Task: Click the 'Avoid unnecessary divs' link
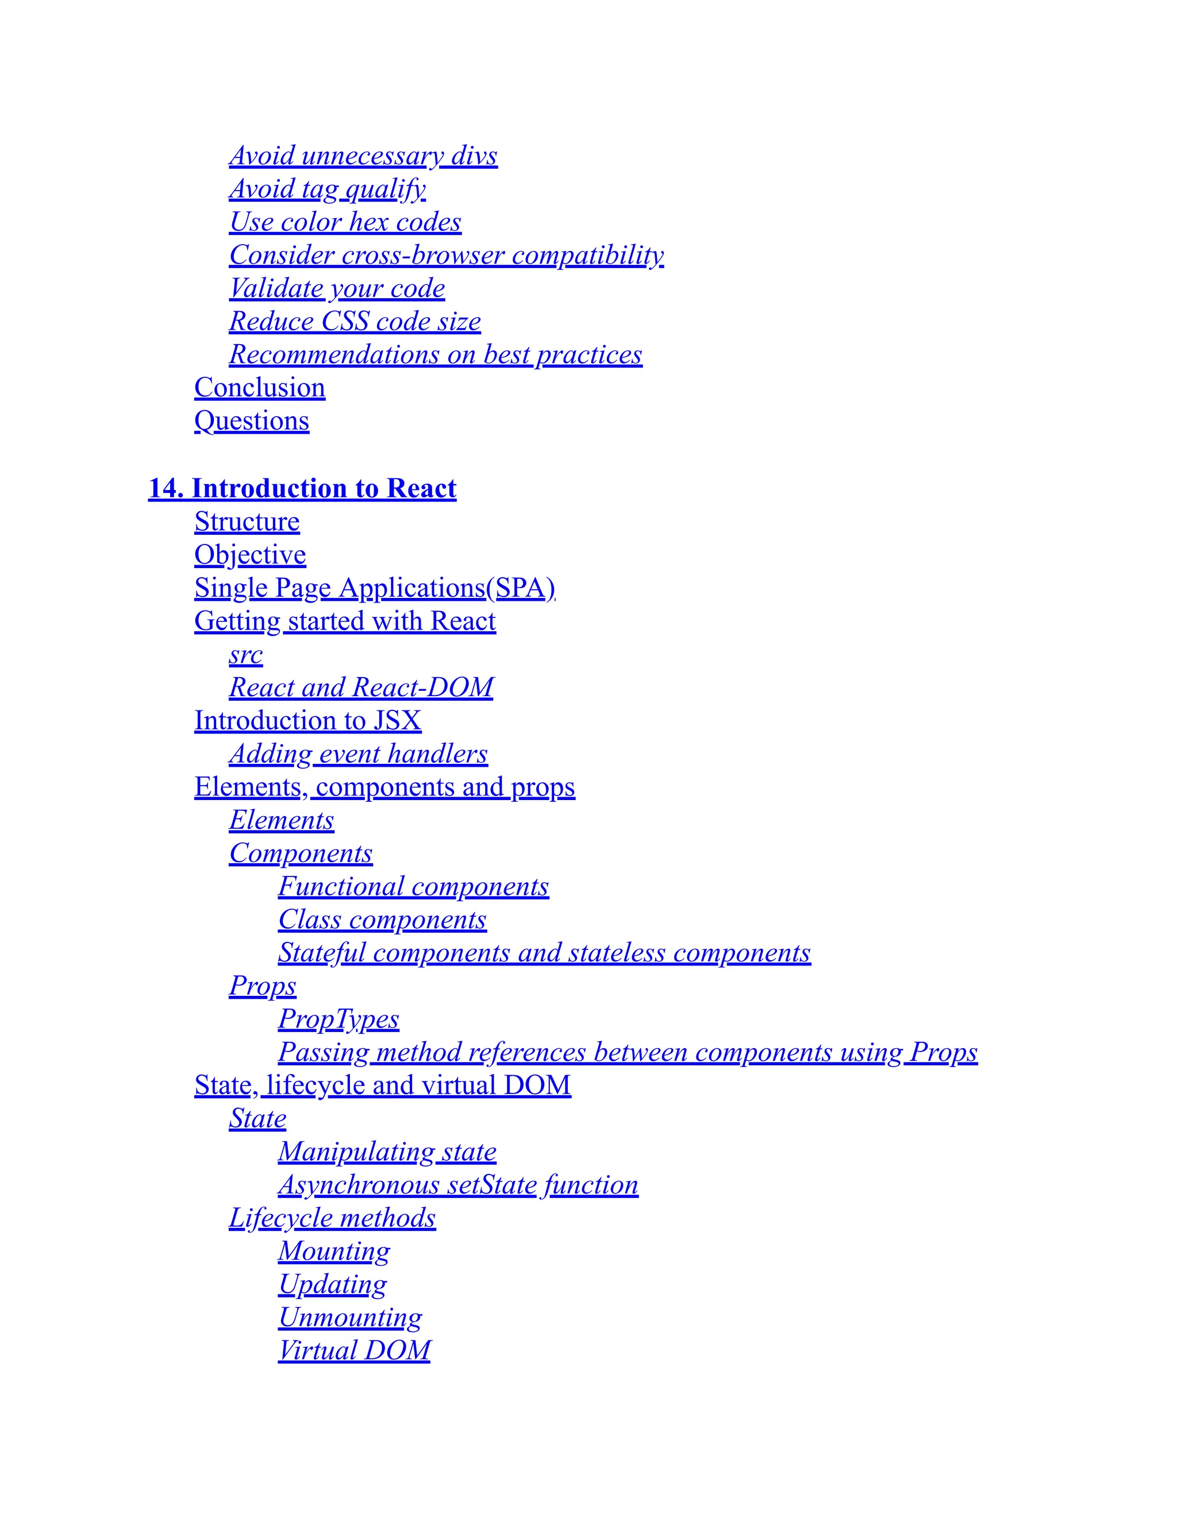pyautogui.click(x=363, y=156)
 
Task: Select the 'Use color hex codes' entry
pyautogui.click(x=345, y=222)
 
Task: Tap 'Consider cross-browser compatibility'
pyautogui.click(x=446, y=255)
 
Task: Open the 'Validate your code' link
pyautogui.click(x=337, y=288)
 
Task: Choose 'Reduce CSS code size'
pyautogui.click(x=355, y=321)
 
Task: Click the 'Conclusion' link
pyautogui.click(x=259, y=388)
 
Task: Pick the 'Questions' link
pyautogui.click(x=252, y=421)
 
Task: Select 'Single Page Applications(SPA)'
pyautogui.click(x=375, y=588)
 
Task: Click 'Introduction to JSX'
pyautogui.click(x=307, y=721)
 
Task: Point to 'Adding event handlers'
pyautogui.click(x=359, y=754)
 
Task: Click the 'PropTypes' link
pyautogui.click(x=339, y=1019)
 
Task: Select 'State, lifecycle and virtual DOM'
pyautogui.click(x=383, y=1085)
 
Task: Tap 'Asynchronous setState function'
pyautogui.click(x=458, y=1185)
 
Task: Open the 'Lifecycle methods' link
pyautogui.click(x=333, y=1218)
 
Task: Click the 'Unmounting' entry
pyautogui.click(x=350, y=1317)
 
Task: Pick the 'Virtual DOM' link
pyautogui.click(x=354, y=1351)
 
